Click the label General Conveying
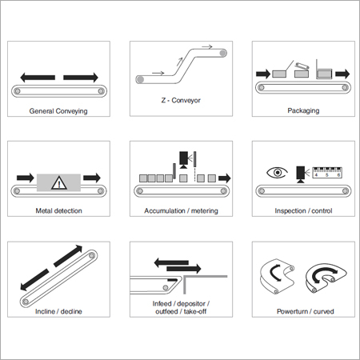(x=58, y=111)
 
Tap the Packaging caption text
(x=302, y=111)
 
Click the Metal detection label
(x=58, y=211)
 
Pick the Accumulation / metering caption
(x=180, y=211)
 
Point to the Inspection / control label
(x=302, y=211)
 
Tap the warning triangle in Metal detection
(x=58, y=182)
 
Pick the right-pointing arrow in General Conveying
(x=80, y=78)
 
